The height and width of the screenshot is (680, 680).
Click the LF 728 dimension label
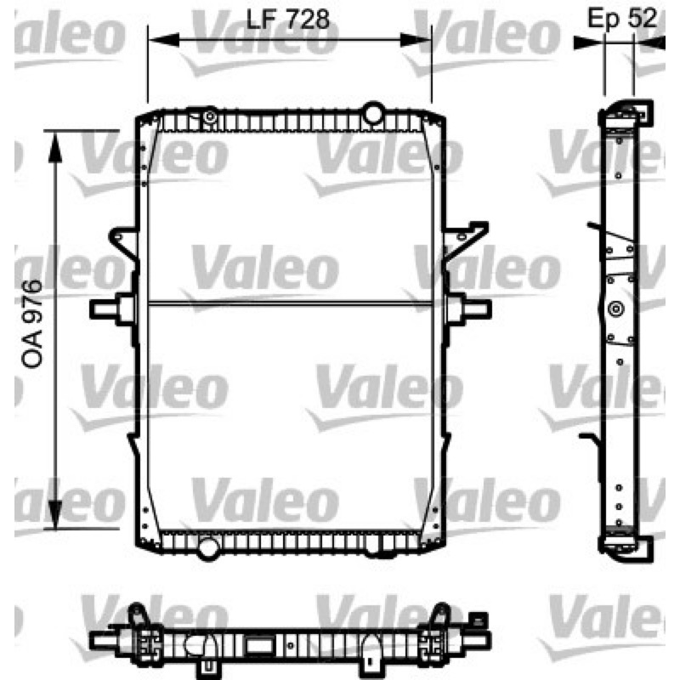(x=287, y=20)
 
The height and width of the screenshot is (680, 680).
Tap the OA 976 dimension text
(x=32, y=324)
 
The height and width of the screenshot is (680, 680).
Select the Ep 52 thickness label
(x=622, y=19)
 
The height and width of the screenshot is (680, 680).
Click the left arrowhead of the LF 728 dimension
(x=163, y=40)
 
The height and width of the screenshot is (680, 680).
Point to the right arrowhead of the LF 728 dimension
(x=416, y=40)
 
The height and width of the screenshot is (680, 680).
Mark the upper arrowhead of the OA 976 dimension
(x=55, y=146)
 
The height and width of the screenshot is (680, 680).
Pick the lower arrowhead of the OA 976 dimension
(x=55, y=513)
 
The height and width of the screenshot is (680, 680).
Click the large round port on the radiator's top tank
(x=373, y=113)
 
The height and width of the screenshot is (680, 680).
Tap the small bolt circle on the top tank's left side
(x=210, y=116)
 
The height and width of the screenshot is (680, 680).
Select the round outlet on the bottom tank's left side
(x=208, y=548)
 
